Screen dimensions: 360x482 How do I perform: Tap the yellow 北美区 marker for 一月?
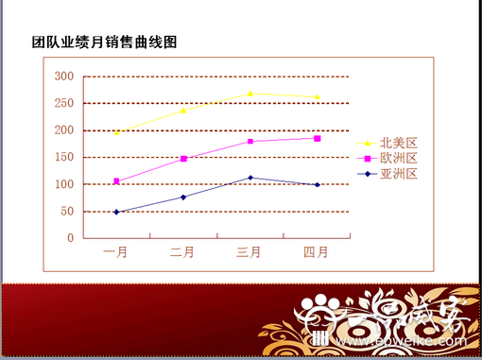click(116, 132)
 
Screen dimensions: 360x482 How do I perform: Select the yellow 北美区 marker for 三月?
click(250, 93)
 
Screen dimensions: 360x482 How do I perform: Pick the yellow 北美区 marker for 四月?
click(317, 96)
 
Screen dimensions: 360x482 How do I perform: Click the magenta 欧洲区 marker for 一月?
click(116, 181)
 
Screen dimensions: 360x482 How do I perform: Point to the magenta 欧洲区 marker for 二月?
click(183, 159)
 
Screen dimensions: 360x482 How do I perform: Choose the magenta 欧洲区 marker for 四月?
click(317, 139)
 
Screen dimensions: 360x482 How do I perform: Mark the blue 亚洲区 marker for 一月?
click(116, 212)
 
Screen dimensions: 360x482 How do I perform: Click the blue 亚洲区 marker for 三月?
click(250, 178)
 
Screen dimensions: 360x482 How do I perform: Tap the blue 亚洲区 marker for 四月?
click(317, 184)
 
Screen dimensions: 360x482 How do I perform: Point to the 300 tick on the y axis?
click(63, 77)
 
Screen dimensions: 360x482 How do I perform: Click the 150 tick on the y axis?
click(63, 158)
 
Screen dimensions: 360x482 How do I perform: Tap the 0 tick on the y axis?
click(70, 238)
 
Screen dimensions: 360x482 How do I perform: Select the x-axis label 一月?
click(116, 252)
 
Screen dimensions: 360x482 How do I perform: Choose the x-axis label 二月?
click(183, 252)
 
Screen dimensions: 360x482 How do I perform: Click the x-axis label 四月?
click(317, 252)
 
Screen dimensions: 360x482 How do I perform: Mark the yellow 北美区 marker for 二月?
click(183, 111)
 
